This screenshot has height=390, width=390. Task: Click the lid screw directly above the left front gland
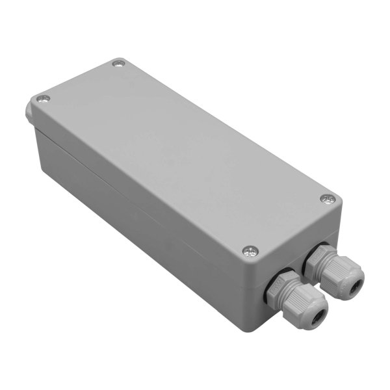click(248, 249)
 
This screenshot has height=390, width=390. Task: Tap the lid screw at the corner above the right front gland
click(327, 198)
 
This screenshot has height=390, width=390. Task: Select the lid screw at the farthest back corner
click(118, 64)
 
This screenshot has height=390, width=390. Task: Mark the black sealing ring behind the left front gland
click(267, 292)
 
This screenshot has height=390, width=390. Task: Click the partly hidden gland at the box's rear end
click(30, 110)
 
